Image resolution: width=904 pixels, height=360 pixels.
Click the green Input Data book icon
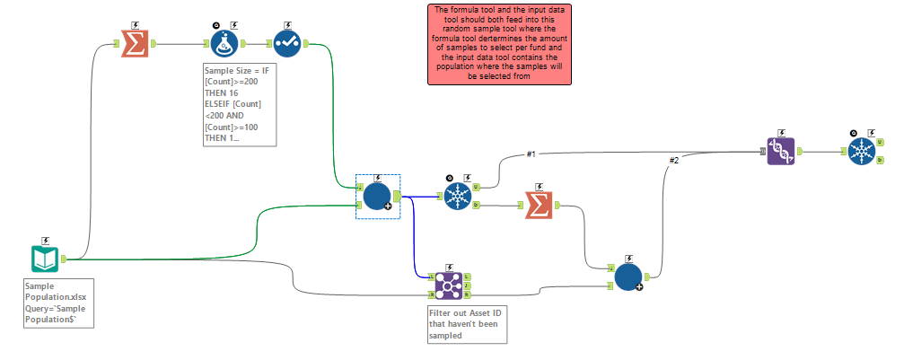point(45,259)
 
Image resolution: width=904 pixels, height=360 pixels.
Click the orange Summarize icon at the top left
point(134,42)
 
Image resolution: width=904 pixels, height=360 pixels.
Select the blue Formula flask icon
point(224,42)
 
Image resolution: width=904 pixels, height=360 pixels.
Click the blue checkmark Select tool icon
point(287,42)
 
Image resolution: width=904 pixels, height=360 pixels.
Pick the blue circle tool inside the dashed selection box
point(376,196)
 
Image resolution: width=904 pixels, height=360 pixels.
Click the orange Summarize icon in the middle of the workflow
point(537,206)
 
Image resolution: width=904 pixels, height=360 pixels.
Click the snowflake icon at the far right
point(862,151)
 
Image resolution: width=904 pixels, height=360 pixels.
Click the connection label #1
point(531,154)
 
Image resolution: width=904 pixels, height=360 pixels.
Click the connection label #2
point(674,161)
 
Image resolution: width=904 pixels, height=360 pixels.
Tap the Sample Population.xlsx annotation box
point(58,303)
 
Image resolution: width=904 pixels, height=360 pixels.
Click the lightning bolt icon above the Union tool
point(780,132)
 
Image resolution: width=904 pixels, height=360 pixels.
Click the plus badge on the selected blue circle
point(388,206)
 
